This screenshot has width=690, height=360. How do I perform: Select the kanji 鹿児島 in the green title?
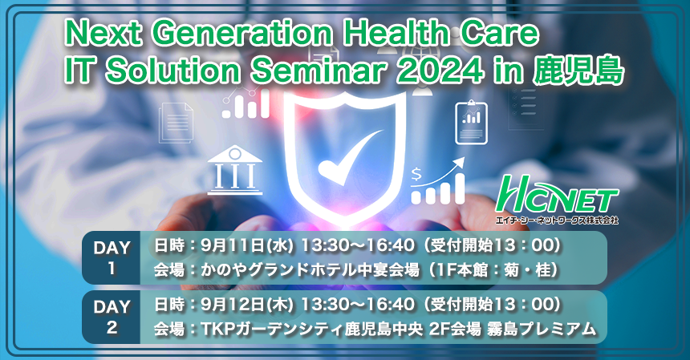pyautogui.click(x=578, y=71)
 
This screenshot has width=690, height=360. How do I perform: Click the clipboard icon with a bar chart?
pyautogui.click(x=471, y=122)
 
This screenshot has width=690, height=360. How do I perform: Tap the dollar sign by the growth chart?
pyautogui.click(x=416, y=176)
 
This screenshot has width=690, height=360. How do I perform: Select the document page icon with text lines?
pyautogui.click(x=176, y=123)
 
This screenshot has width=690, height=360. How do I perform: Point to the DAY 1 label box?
pyautogui.click(x=112, y=257)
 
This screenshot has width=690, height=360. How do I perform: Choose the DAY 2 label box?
pyautogui.click(x=112, y=317)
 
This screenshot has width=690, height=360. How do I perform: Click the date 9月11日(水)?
pyautogui.click(x=247, y=245)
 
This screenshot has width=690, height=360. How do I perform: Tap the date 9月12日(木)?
pyautogui.click(x=247, y=305)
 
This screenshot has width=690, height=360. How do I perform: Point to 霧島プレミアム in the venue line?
pyautogui.click(x=542, y=329)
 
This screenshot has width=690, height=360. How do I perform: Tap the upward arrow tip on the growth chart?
pyautogui.click(x=464, y=159)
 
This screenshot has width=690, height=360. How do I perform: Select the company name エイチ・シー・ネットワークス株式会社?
pyautogui.click(x=557, y=220)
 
